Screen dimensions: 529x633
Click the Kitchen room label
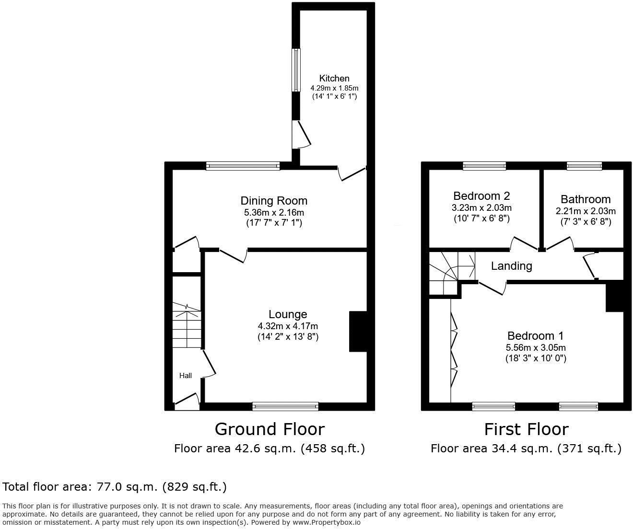[x=334, y=78]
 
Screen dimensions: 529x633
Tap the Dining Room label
[x=274, y=201]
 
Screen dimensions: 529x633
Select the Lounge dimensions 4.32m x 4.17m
[x=288, y=326]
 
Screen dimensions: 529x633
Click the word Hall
[x=186, y=375]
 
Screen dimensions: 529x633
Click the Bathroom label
[x=586, y=199]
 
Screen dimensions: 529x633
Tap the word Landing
[x=511, y=266]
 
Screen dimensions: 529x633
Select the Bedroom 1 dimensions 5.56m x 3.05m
[x=536, y=347]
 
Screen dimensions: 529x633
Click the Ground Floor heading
[x=270, y=429]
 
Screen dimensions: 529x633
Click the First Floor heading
[x=526, y=429]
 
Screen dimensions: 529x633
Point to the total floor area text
[x=115, y=487]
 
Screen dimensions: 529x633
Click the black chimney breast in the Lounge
[x=358, y=332]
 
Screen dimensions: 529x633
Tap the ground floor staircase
[x=187, y=326]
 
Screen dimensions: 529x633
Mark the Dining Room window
[x=243, y=166]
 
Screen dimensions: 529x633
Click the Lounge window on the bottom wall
[x=285, y=406]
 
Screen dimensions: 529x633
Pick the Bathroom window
[x=584, y=166]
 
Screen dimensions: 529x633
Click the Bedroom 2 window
[x=484, y=166]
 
